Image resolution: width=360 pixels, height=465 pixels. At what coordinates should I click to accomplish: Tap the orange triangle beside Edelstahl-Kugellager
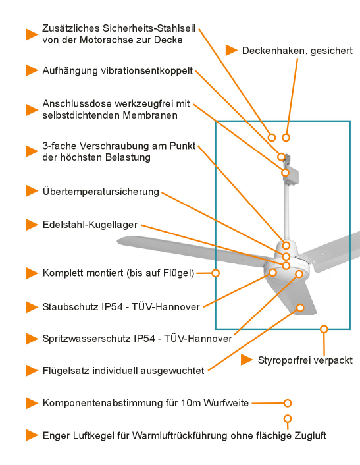(31, 225)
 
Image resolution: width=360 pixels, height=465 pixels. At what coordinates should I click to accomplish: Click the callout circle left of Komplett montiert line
(215, 273)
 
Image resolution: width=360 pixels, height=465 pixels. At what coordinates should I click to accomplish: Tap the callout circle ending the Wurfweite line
(287, 403)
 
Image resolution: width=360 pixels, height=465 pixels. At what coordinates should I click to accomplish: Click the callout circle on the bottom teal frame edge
(324, 329)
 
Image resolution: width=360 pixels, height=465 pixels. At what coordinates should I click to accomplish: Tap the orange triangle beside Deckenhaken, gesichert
(232, 50)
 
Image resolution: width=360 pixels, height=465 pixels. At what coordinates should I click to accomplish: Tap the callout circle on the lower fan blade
(300, 307)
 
